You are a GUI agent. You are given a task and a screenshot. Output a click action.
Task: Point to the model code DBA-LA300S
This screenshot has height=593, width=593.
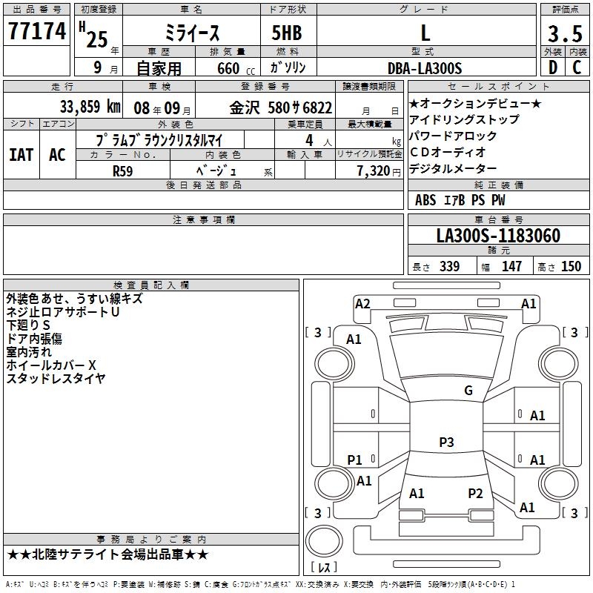[x=425, y=68]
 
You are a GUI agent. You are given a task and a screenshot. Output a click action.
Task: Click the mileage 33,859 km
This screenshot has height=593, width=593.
[x=90, y=107]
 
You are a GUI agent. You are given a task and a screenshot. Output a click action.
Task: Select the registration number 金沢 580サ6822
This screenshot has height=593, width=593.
[x=281, y=107]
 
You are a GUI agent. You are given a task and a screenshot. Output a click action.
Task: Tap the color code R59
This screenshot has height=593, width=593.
[x=123, y=170]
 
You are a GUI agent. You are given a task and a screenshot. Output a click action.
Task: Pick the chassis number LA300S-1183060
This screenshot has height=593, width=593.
[x=498, y=236]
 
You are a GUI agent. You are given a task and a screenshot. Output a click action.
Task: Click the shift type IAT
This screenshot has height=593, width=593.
[x=21, y=155]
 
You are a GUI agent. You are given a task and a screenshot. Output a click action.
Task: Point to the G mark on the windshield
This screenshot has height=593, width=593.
[x=468, y=391]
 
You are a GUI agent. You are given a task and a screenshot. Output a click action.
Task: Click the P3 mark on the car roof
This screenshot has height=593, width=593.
[x=446, y=443]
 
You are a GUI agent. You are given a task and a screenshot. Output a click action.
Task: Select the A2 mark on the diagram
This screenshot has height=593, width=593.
[x=362, y=303]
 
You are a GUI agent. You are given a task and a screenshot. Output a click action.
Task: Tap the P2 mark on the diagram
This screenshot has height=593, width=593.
[x=475, y=493]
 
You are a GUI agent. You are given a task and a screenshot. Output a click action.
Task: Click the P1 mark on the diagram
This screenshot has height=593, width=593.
[x=355, y=460]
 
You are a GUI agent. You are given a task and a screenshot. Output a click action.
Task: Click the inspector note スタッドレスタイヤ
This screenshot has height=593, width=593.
[x=56, y=379]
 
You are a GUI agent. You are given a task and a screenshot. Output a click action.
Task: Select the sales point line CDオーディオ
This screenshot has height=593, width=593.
[x=448, y=153]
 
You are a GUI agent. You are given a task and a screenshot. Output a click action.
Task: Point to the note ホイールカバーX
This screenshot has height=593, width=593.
[x=51, y=365]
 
